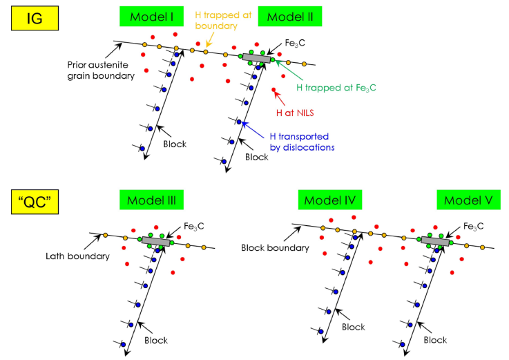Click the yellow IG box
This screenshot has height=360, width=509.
point(31,18)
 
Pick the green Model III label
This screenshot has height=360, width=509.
point(146,200)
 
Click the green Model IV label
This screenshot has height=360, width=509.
point(327,200)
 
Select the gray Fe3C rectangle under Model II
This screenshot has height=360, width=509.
point(256,59)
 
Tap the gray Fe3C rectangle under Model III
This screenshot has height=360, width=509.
point(156,240)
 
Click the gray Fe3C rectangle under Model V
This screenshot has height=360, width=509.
point(435,240)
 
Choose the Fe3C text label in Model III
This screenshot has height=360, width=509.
point(193,226)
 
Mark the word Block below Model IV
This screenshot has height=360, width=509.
point(352,327)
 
